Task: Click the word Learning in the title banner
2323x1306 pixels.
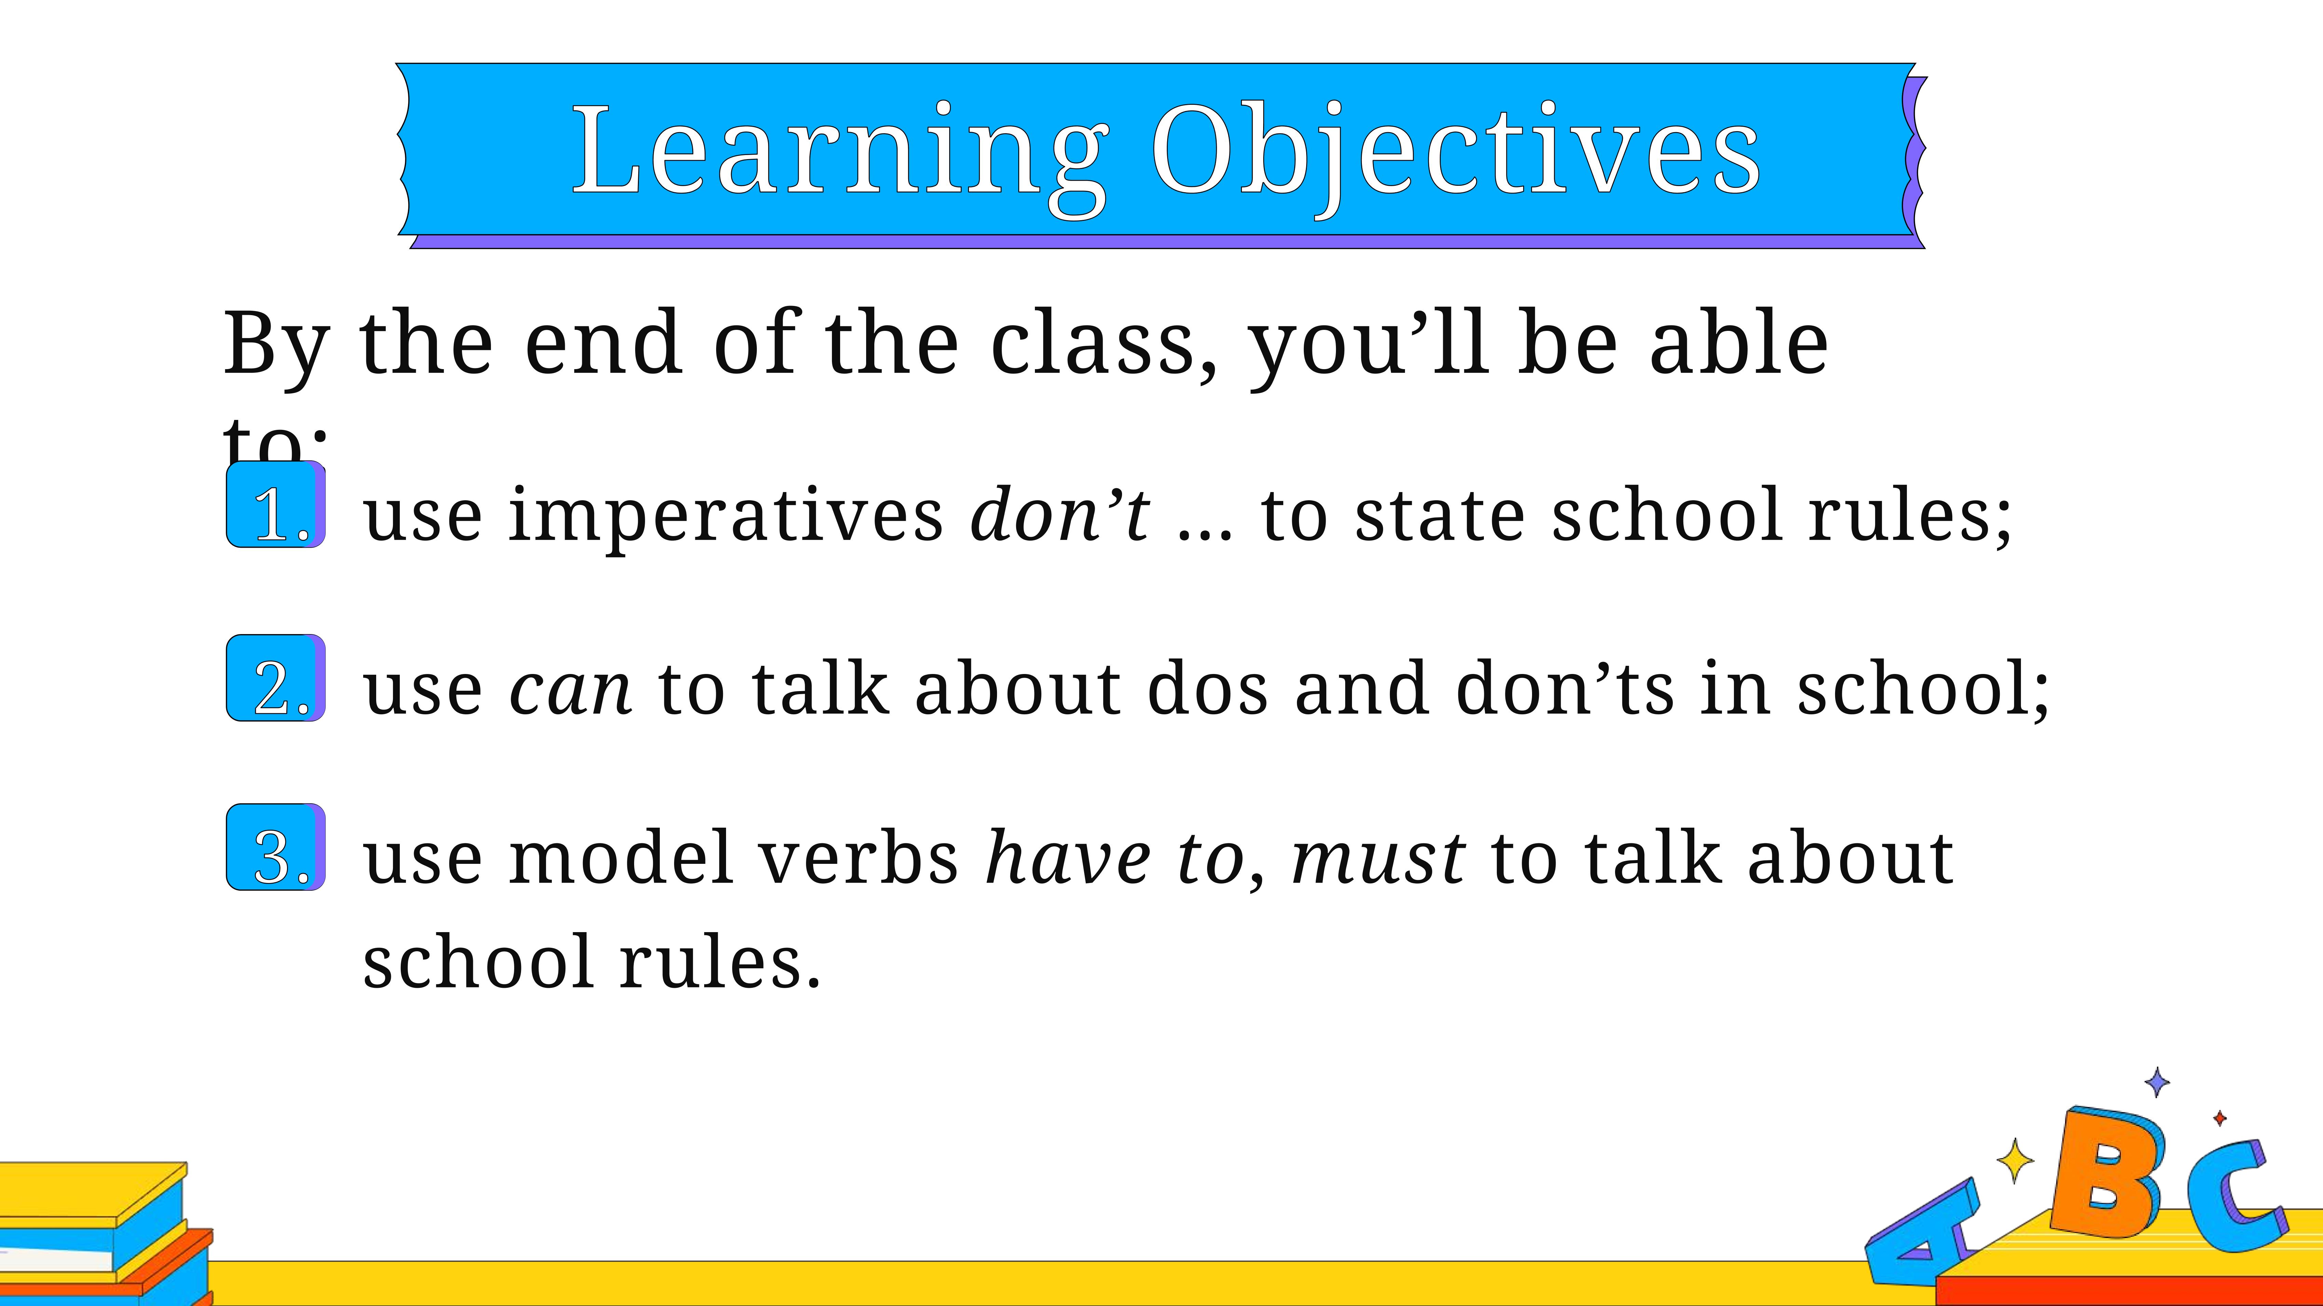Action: coord(841,153)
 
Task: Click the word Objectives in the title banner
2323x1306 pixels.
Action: coord(1456,153)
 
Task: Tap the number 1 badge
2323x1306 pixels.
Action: coord(276,505)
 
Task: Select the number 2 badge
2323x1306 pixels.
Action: coord(276,678)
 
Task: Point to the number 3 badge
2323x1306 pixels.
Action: coord(276,847)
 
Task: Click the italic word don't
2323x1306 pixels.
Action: coord(1060,514)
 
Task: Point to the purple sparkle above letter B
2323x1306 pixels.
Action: coord(2157,1082)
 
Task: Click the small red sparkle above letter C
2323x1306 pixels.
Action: coord(2219,1119)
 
